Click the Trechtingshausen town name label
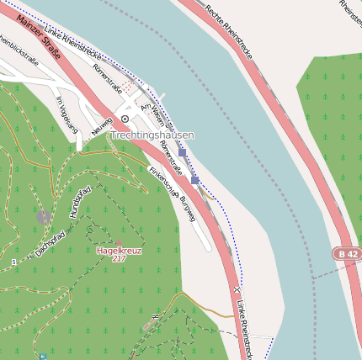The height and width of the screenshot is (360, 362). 152,135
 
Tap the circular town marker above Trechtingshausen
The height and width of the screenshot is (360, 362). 125,119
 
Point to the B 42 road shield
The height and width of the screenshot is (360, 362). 343,253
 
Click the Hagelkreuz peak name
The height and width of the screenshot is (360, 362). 119,250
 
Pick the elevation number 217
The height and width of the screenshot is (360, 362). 119,258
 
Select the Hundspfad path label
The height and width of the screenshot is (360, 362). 80,202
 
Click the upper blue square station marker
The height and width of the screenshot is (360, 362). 182,153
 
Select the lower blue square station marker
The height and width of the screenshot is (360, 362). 195,180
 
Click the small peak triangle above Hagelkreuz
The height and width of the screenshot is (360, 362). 119,241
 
